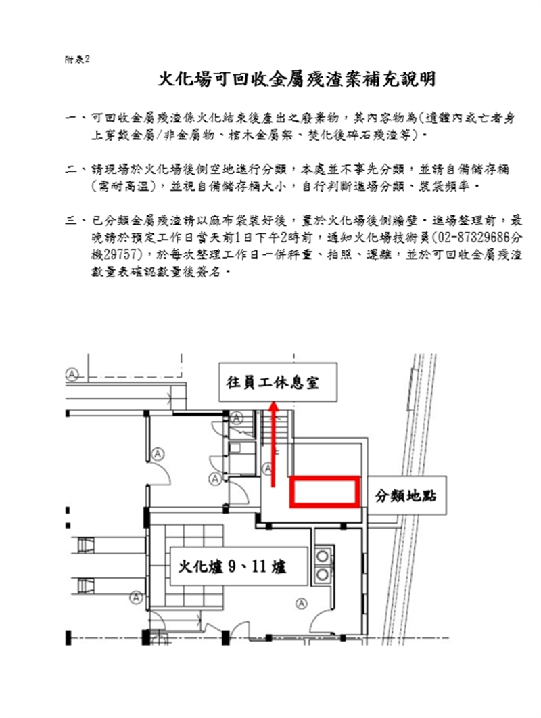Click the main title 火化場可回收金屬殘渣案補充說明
point(296,78)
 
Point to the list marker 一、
point(76,118)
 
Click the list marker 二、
point(76,170)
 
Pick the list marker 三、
point(76,221)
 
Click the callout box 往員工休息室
point(278,382)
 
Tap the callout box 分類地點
point(406,495)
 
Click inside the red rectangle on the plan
point(325,492)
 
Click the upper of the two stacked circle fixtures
point(323,556)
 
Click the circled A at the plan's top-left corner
point(72,375)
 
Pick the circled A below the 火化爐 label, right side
point(301,604)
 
